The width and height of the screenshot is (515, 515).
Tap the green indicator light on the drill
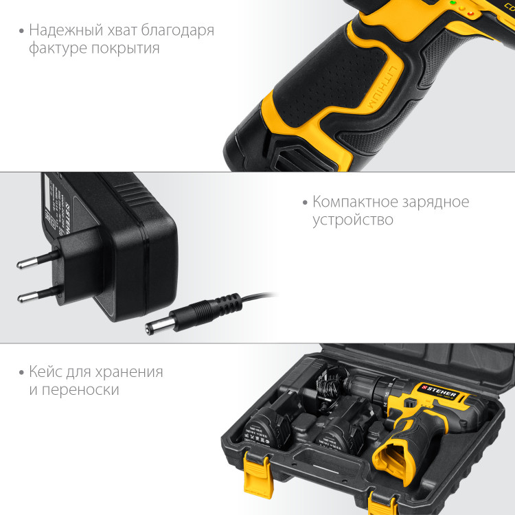(x=453, y=3)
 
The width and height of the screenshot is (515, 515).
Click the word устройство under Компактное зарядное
(x=353, y=220)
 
